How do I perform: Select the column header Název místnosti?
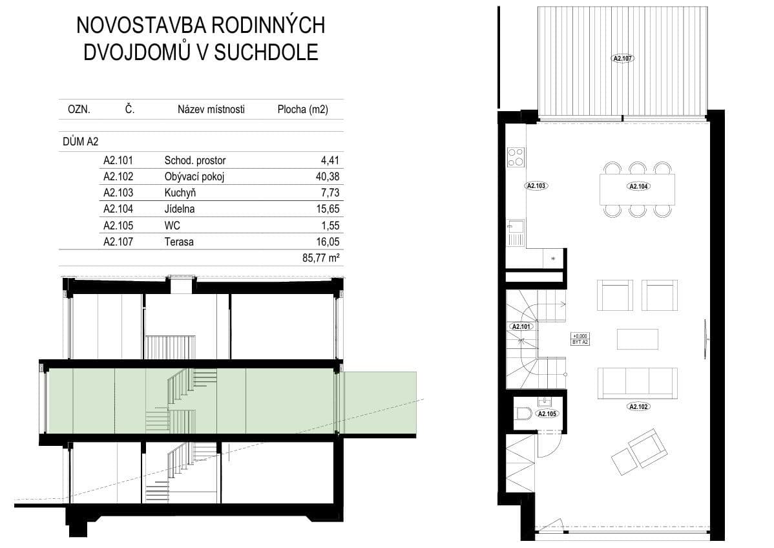[211, 110]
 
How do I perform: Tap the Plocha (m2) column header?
[302, 110]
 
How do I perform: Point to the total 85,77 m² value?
[321, 258]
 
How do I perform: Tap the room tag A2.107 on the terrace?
[622, 58]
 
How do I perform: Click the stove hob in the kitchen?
[516, 157]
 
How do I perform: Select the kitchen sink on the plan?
[516, 228]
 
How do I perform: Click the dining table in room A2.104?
[638, 189]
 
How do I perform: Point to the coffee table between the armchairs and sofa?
[638, 339]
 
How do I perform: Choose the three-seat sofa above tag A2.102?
[638, 383]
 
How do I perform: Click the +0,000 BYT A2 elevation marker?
[580, 339]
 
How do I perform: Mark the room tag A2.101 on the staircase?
[521, 327]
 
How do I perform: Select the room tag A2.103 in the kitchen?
[537, 185]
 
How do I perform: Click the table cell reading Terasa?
[179, 242]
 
